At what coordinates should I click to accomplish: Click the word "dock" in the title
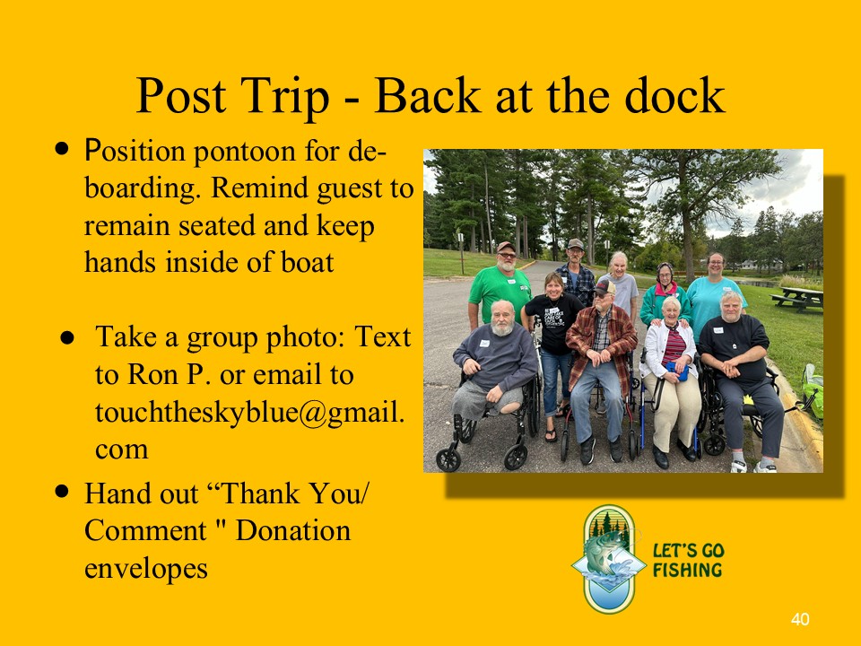tap(674, 95)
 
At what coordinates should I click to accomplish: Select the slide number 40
tap(800, 619)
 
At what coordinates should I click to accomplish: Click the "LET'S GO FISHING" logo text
tap(688, 560)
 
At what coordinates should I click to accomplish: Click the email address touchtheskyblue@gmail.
tap(250, 413)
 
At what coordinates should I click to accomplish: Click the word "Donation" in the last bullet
tap(293, 530)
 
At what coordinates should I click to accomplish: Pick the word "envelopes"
tap(146, 569)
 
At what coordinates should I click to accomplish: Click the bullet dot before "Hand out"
tap(62, 491)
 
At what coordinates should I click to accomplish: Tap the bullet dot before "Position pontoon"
tap(62, 148)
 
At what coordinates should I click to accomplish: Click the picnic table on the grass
tap(798, 298)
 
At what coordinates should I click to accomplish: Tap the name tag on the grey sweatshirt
tap(484, 344)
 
